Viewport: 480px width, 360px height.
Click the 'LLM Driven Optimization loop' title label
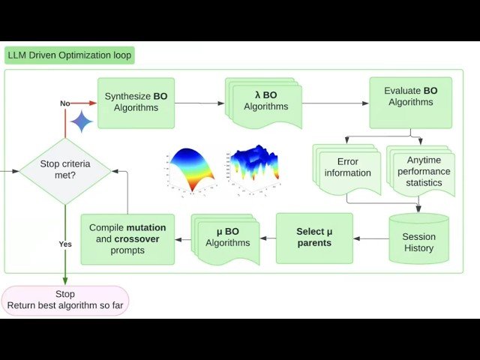(69, 55)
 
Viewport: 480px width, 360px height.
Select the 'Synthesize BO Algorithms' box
(136, 102)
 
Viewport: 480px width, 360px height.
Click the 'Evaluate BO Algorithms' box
(410, 101)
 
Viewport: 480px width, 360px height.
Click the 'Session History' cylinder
(418, 239)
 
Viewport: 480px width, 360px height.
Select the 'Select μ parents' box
(314, 238)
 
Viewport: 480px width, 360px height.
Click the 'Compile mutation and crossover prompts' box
(127, 238)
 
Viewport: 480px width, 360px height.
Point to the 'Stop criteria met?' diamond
(64, 171)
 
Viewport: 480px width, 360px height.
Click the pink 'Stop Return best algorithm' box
(64, 299)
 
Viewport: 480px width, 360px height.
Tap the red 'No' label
(65, 103)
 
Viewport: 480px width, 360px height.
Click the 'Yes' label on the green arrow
(65, 244)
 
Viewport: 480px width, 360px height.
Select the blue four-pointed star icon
(81, 121)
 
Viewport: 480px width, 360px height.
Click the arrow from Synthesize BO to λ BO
(200, 103)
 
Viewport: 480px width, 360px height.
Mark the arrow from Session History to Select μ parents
(371, 238)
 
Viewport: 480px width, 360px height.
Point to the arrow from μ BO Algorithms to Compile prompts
(183, 239)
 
